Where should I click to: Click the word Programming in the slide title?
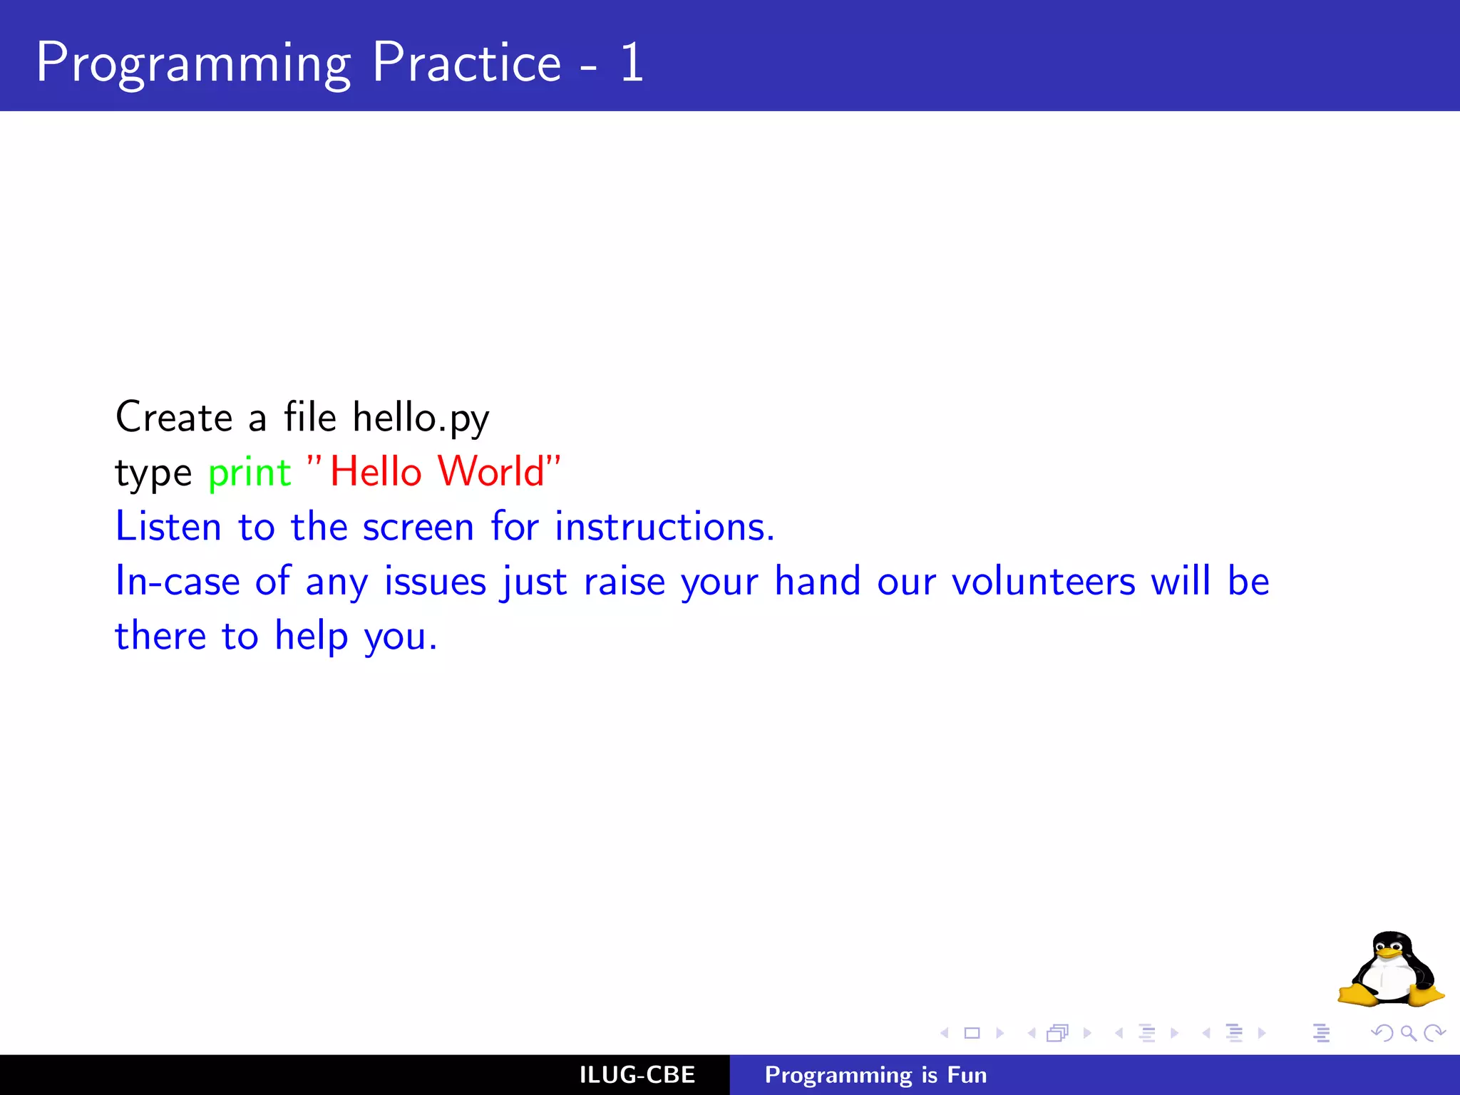[192, 64]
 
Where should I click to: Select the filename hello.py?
[421, 418]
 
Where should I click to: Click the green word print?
[250, 473]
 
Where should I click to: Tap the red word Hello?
[376, 472]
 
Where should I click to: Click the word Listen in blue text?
[168, 528]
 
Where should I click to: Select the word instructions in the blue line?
[663, 528]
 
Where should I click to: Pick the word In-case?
[178, 582]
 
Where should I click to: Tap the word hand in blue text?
[817, 582]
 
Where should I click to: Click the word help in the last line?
[312, 637]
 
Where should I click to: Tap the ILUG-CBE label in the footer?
[637, 1075]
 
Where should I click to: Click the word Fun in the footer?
[967, 1075]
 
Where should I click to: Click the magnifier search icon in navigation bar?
[1408, 1033]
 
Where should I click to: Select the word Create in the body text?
[174, 418]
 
